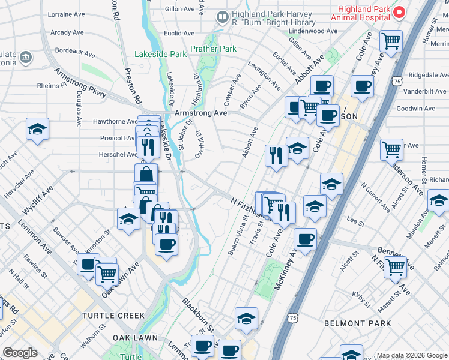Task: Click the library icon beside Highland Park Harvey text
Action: click(x=223, y=18)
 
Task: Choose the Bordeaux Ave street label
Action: click(x=74, y=54)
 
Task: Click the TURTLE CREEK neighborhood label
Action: click(x=113, y=316)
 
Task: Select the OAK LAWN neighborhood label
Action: click(x=130, y=338)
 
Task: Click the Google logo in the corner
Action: click(x=20, y=353)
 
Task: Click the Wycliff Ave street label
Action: click(x=38, y=195)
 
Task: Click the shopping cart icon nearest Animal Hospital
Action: click(x=391, y=41)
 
